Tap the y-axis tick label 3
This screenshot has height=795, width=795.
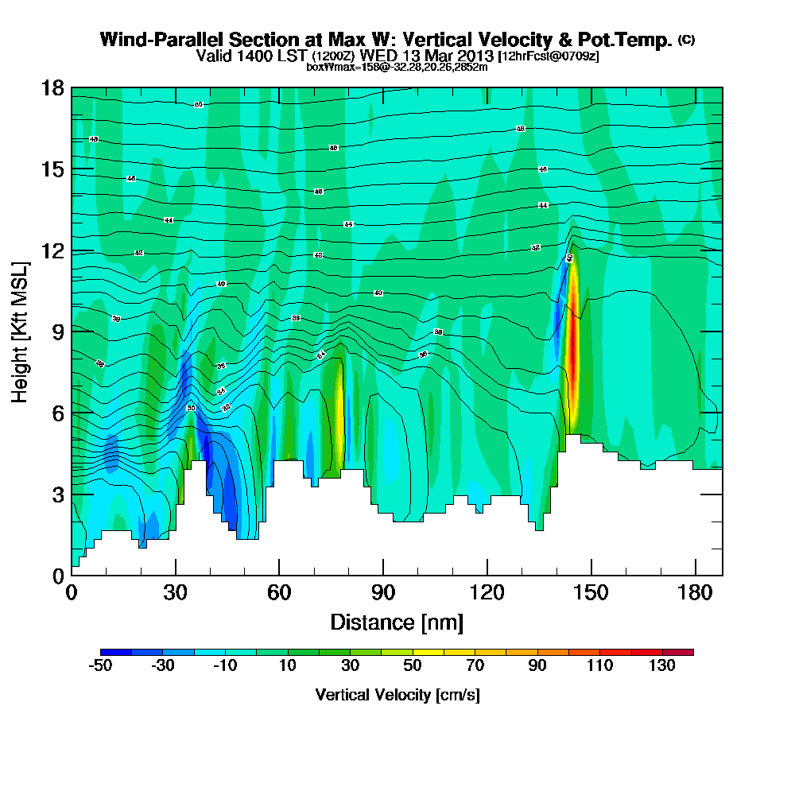[x=57, y=494]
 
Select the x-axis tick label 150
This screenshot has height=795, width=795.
[x=591, y=593]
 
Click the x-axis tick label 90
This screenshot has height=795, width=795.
[x=383, y=593]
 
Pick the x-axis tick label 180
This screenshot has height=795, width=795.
[x=695, y=593]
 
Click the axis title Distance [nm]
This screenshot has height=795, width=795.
[x=397, y=622]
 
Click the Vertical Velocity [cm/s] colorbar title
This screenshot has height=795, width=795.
[x=397, y=695]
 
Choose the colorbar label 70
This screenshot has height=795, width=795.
[x=475, y=666]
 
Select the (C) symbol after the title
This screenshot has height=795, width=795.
[x=686, y=40]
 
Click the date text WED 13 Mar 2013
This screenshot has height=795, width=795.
[x=428, y=56]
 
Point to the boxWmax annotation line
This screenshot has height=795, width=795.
[x=397, y=67]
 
